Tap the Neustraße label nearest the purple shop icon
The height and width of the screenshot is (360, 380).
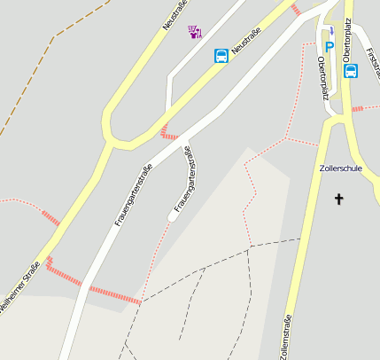tap(177, 18)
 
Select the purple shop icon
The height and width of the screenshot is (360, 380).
tap(195, 32)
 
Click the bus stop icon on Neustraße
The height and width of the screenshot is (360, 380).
tap(221, 56)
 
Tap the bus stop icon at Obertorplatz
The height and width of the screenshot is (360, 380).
tap(350, 71)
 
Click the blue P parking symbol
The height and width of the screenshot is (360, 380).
tap(330, 47)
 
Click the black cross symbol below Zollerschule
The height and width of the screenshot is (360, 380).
tap(338, 199)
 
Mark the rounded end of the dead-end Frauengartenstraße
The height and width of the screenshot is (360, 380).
tap(172, 215)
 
